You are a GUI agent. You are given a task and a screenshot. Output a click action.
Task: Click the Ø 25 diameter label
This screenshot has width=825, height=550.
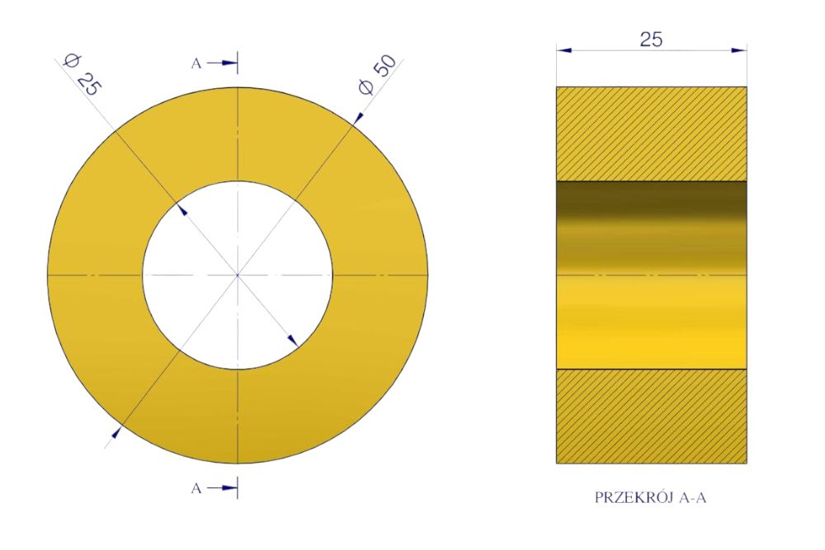coord(82,75)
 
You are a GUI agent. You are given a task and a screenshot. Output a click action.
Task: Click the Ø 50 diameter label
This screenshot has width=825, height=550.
coord(377,75)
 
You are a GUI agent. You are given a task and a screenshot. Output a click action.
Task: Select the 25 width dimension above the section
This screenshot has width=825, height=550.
coord(651,40)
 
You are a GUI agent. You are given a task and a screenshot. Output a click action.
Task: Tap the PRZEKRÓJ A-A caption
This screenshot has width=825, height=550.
coord(650,497)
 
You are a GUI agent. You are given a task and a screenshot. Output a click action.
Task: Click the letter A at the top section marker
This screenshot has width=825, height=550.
coord(196,63)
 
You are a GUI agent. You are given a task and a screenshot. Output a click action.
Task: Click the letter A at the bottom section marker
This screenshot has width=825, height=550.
coord(196,488)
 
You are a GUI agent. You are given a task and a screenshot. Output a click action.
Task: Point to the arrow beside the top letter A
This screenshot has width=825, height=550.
coord(222,63)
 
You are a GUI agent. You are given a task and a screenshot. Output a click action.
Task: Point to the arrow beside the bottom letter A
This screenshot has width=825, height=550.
coord(222,488)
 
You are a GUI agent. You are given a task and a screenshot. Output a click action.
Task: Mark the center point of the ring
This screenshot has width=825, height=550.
coord(238,275)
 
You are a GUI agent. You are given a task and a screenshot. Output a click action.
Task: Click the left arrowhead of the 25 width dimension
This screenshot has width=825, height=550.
coord(564,50)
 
